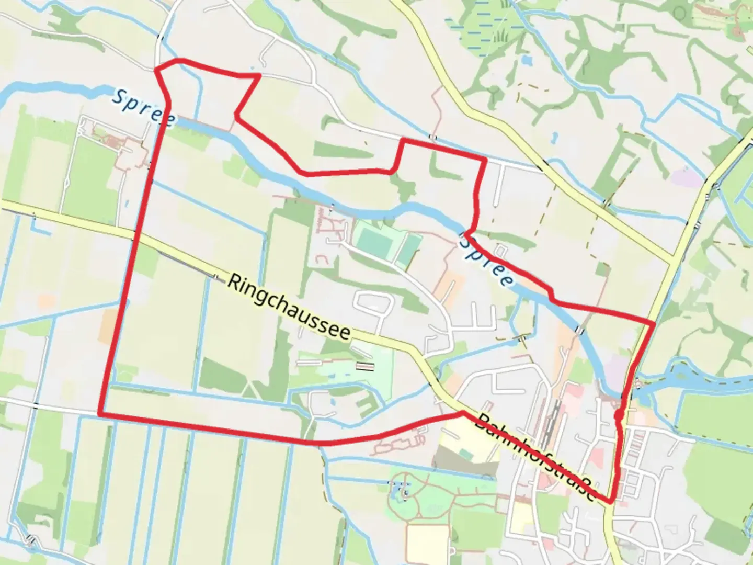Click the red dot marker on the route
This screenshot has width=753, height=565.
(x=619, y=415)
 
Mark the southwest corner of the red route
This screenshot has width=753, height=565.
(x=99, y=414)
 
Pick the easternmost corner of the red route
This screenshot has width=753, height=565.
(x=654, y=324)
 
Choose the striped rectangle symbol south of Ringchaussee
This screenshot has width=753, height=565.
(x=365, y=367)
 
